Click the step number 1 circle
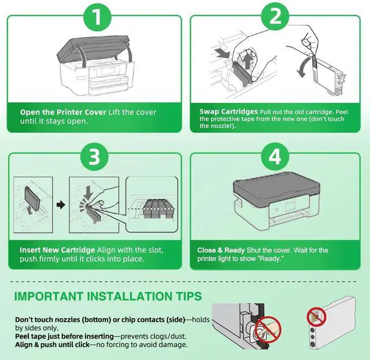97,17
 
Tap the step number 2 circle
275,16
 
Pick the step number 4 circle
275,156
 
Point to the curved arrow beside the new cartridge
303,68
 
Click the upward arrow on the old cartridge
247,61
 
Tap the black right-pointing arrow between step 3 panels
61,205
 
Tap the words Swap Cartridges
228,112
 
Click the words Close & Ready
221,250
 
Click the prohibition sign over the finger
268,330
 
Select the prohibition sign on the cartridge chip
316,317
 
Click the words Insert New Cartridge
57,250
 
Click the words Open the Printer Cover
63,112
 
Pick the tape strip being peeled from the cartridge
314,63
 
